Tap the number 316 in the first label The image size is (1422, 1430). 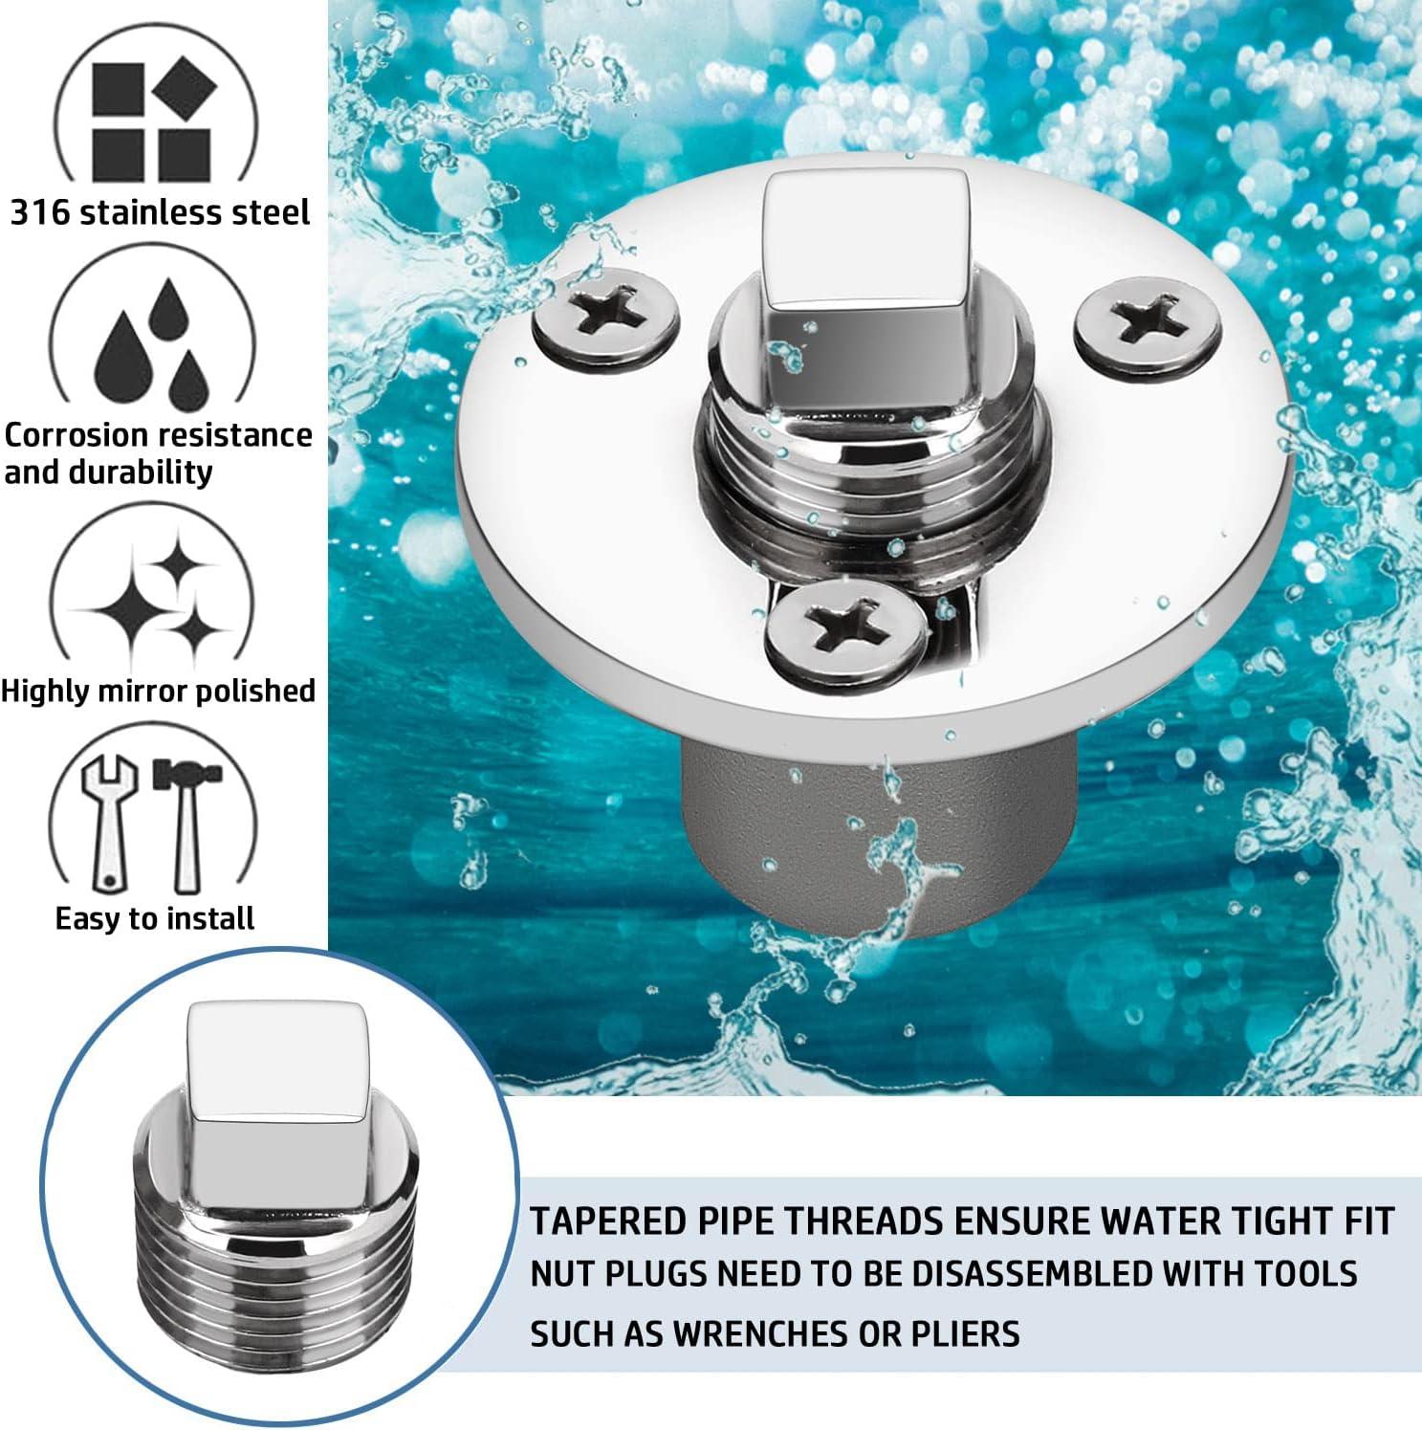point(39,212)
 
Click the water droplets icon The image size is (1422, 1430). point(153,344)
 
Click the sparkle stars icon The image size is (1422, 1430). point(158,598)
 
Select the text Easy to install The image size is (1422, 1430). point(155,919)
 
